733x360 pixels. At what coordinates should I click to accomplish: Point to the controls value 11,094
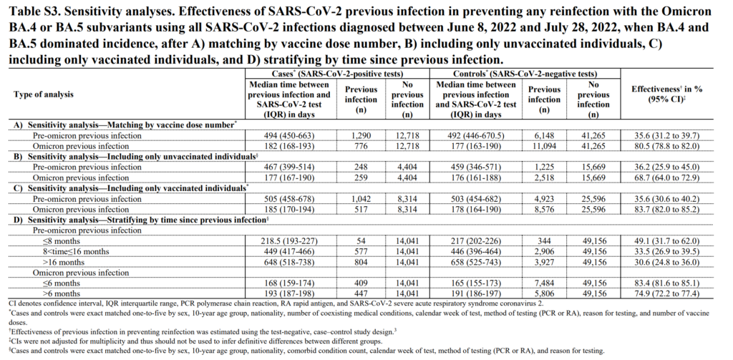click(x=545, y=145)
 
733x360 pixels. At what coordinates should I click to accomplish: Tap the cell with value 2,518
click(x=545, y=177)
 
